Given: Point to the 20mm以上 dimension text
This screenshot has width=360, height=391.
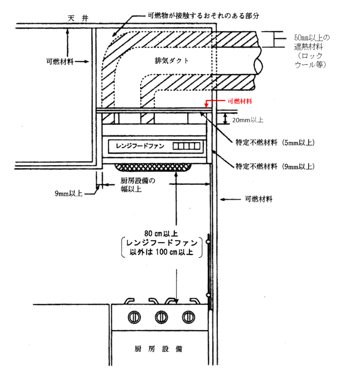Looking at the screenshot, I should [248, 120].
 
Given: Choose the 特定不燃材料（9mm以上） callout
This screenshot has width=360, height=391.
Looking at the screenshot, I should [275, 166].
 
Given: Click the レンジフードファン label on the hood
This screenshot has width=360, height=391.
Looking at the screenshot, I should [138, 146].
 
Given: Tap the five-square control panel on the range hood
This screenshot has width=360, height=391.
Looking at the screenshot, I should [186, 146].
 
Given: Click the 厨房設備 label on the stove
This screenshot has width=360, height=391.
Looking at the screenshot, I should [158, 349].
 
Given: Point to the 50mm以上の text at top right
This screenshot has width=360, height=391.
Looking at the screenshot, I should [312, 38].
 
